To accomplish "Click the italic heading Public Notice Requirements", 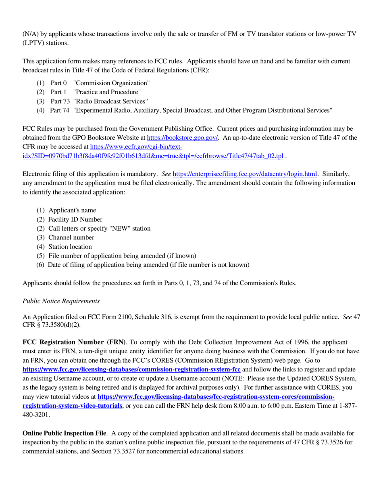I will point(61,301).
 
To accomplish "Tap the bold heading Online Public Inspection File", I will point(64,433).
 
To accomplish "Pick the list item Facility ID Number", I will point(75,219).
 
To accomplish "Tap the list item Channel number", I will point(71,237).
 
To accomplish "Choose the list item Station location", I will point(70,247).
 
